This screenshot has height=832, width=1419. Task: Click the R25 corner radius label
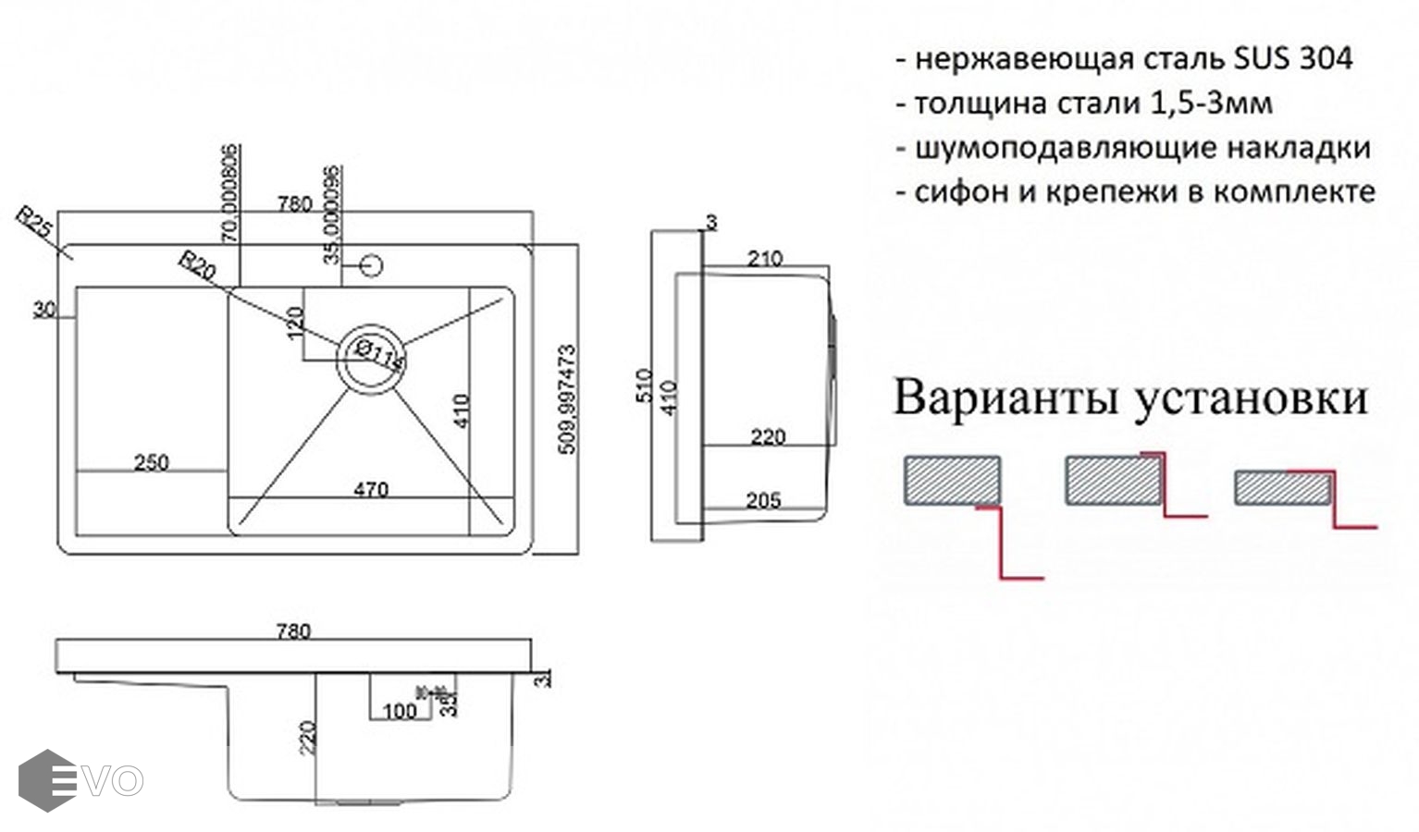[34, 225]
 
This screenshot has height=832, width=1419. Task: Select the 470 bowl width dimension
[371, 490]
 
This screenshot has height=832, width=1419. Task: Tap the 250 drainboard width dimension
[152, 462]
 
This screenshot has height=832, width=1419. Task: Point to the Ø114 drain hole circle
[371, 358]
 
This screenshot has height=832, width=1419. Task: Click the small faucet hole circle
[371, 266]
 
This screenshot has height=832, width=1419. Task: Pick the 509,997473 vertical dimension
[568, 399]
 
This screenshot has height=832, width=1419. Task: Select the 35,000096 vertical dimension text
[333, 214]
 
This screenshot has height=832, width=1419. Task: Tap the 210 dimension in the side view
[765, 259]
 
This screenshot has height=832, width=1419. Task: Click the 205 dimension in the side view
[763, 500]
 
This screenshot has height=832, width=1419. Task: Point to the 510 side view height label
[645, 385]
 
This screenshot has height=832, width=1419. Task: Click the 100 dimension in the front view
[400, 711]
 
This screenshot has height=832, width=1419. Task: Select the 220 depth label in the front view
[308, 738]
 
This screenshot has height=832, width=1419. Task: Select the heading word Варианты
[1006, 398]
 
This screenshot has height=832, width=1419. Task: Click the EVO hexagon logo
[47, 780]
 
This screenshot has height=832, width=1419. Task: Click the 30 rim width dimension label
[43, 310]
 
